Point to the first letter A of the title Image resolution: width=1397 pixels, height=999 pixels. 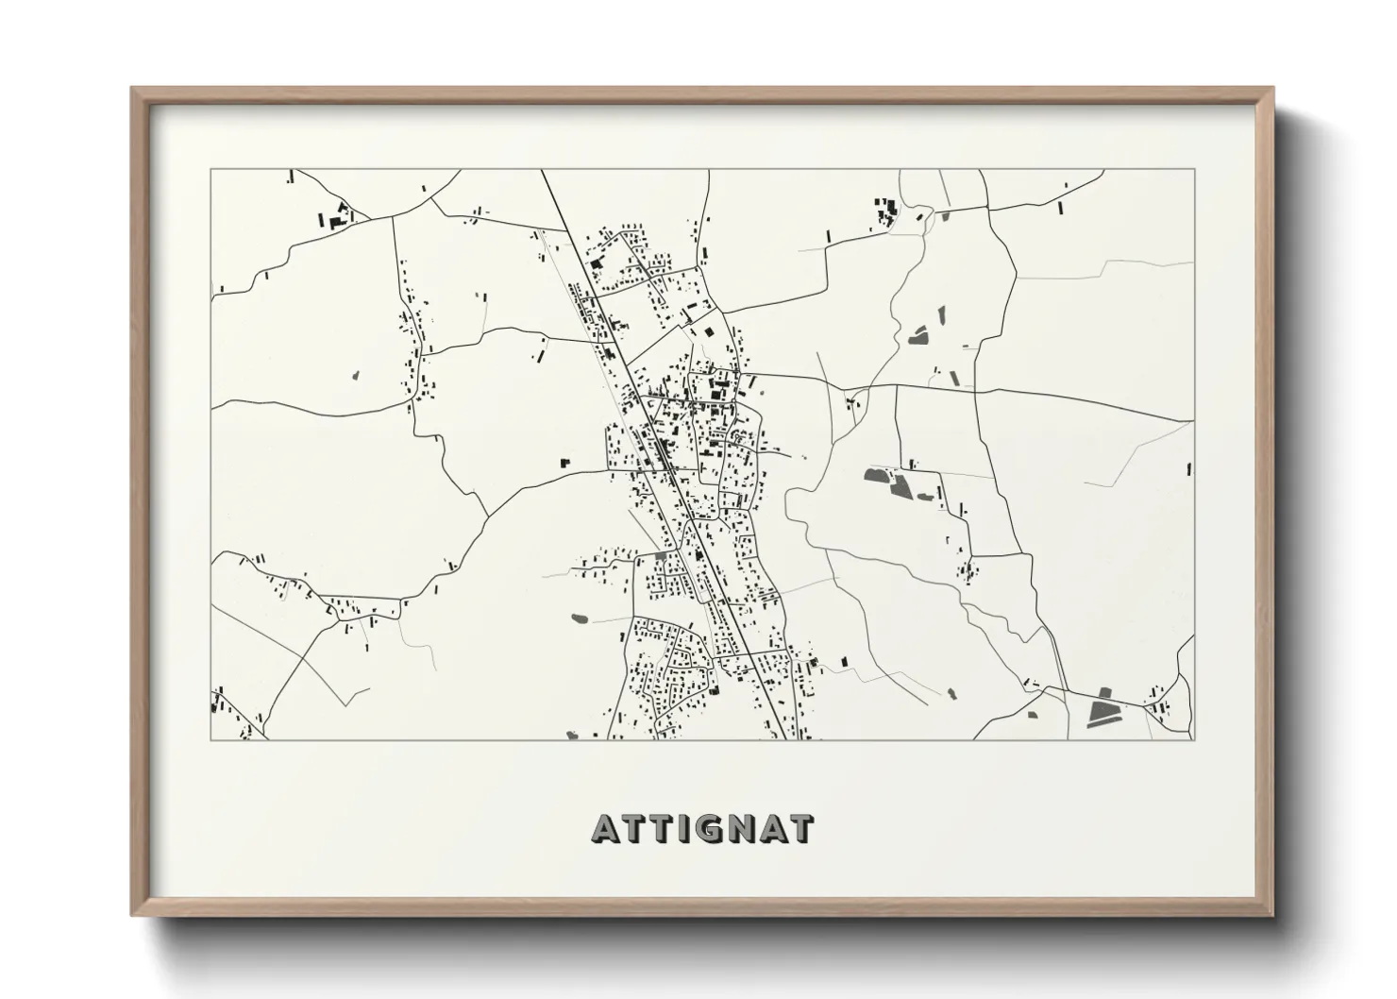click(605, 829)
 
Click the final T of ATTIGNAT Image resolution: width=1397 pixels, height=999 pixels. click(801, 829)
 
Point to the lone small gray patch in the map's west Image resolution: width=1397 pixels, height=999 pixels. click(356, 375)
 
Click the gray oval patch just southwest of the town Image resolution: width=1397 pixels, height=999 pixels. click(579, 618)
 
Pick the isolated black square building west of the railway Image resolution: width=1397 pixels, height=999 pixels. click(565, 462)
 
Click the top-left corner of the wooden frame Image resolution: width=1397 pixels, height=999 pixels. click(132, 89)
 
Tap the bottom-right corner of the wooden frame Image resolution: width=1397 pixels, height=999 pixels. click(1273, 916)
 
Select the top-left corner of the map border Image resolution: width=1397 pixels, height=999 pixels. click(211, 170)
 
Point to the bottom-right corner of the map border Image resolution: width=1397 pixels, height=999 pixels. click(1194, 739)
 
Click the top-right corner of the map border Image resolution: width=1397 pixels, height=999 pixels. click(1194, 170)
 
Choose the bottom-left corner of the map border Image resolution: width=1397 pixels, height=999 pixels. click(211, 739)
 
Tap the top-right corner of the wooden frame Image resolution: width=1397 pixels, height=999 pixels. click(1273, 89)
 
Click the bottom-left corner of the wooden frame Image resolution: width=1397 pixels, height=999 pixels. click(132, 916)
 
